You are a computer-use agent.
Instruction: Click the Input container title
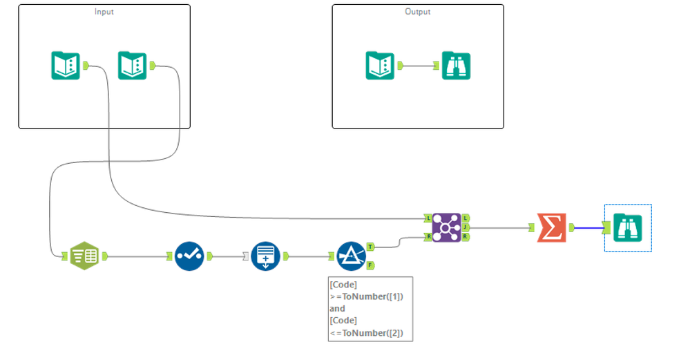(104, 12)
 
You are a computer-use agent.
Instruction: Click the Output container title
(417, 12)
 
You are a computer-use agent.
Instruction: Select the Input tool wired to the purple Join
(66, 66)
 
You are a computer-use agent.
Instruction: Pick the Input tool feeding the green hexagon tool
(133, 66)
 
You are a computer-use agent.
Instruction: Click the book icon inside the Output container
(380, 66)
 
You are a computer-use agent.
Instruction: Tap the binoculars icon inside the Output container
(456, 66)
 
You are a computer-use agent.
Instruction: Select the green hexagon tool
(84, 256)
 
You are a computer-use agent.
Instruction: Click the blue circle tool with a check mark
(189, 256)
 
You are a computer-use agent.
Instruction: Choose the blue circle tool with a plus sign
(265, 256)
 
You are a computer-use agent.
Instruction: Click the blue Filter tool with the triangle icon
(351, 256)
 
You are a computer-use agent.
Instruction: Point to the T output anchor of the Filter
(371, 246)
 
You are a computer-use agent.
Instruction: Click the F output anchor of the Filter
(371, 265)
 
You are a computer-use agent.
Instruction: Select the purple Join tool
(447, 227)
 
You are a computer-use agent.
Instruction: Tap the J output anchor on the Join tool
(466, 227)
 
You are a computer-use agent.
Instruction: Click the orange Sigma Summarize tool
(551, 227)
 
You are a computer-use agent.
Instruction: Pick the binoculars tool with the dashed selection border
(628, 227)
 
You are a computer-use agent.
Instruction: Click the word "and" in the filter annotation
(337, 309)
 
